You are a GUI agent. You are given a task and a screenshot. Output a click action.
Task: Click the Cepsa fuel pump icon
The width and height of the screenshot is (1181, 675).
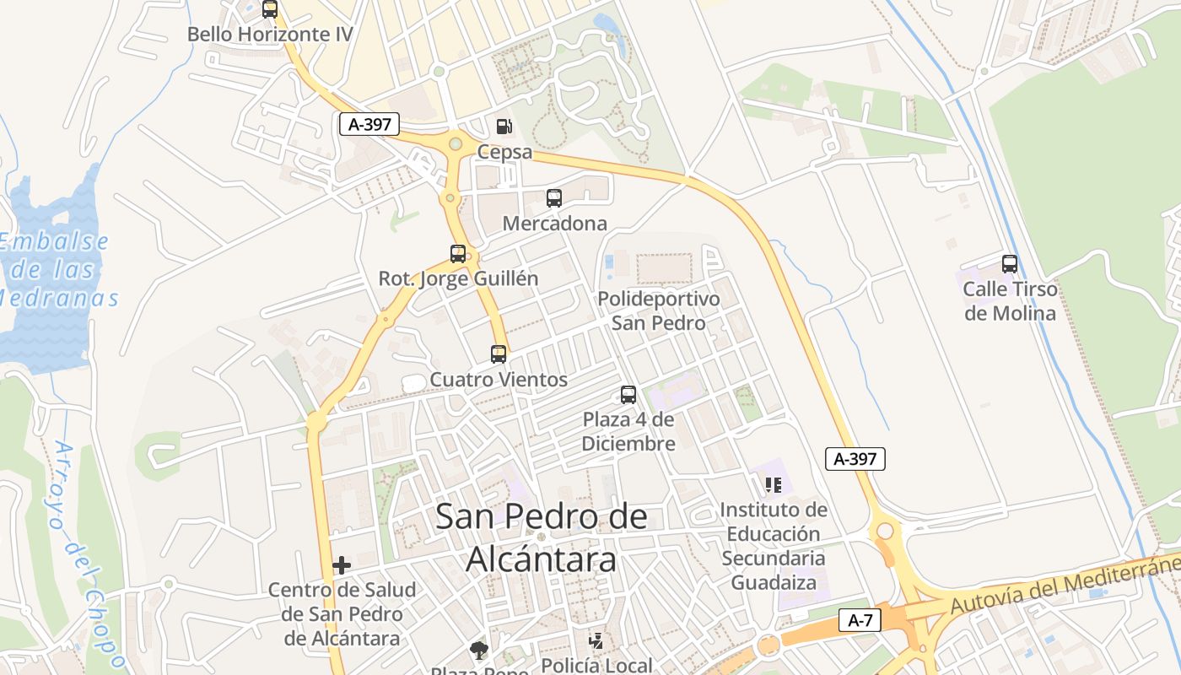504,127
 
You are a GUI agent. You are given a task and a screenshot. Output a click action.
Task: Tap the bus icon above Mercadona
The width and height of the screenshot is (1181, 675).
553,198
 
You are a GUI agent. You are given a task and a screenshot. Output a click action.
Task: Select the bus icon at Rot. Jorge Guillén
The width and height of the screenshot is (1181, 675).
457,253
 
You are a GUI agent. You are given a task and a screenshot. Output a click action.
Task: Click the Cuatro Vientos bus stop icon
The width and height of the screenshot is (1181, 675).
499,354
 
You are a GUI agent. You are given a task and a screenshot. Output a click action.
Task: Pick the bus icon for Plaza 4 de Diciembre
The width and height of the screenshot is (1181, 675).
628,394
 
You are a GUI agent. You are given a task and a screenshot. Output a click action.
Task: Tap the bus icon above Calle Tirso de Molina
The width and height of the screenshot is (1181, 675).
1009,264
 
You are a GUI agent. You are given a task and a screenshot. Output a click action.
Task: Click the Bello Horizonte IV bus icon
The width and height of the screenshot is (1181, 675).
269,10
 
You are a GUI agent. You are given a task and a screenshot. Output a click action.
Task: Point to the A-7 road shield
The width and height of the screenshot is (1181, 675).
860,621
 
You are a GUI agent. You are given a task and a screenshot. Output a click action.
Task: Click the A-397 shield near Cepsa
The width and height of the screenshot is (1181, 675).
369,124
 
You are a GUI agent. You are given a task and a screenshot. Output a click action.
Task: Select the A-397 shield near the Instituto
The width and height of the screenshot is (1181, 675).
855,459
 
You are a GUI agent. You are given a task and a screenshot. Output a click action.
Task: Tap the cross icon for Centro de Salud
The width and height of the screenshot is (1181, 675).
342,565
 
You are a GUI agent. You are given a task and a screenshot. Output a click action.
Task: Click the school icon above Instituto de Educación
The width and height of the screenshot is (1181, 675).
773,485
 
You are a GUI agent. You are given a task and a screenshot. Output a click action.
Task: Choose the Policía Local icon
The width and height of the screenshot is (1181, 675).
596,641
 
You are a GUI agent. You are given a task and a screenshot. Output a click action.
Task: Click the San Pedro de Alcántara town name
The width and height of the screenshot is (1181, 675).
541,537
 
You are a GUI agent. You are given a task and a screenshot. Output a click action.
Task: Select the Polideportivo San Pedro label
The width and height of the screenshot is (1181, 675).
658,310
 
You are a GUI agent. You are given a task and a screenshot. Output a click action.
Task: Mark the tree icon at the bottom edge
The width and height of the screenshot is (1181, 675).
479,651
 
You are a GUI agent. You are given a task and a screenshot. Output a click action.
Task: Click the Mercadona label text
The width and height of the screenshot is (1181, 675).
554,224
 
